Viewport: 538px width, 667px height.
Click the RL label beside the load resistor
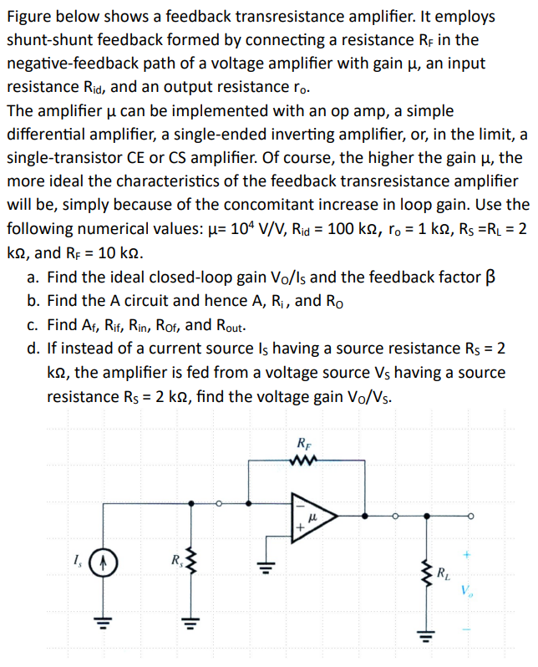[445, 573]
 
